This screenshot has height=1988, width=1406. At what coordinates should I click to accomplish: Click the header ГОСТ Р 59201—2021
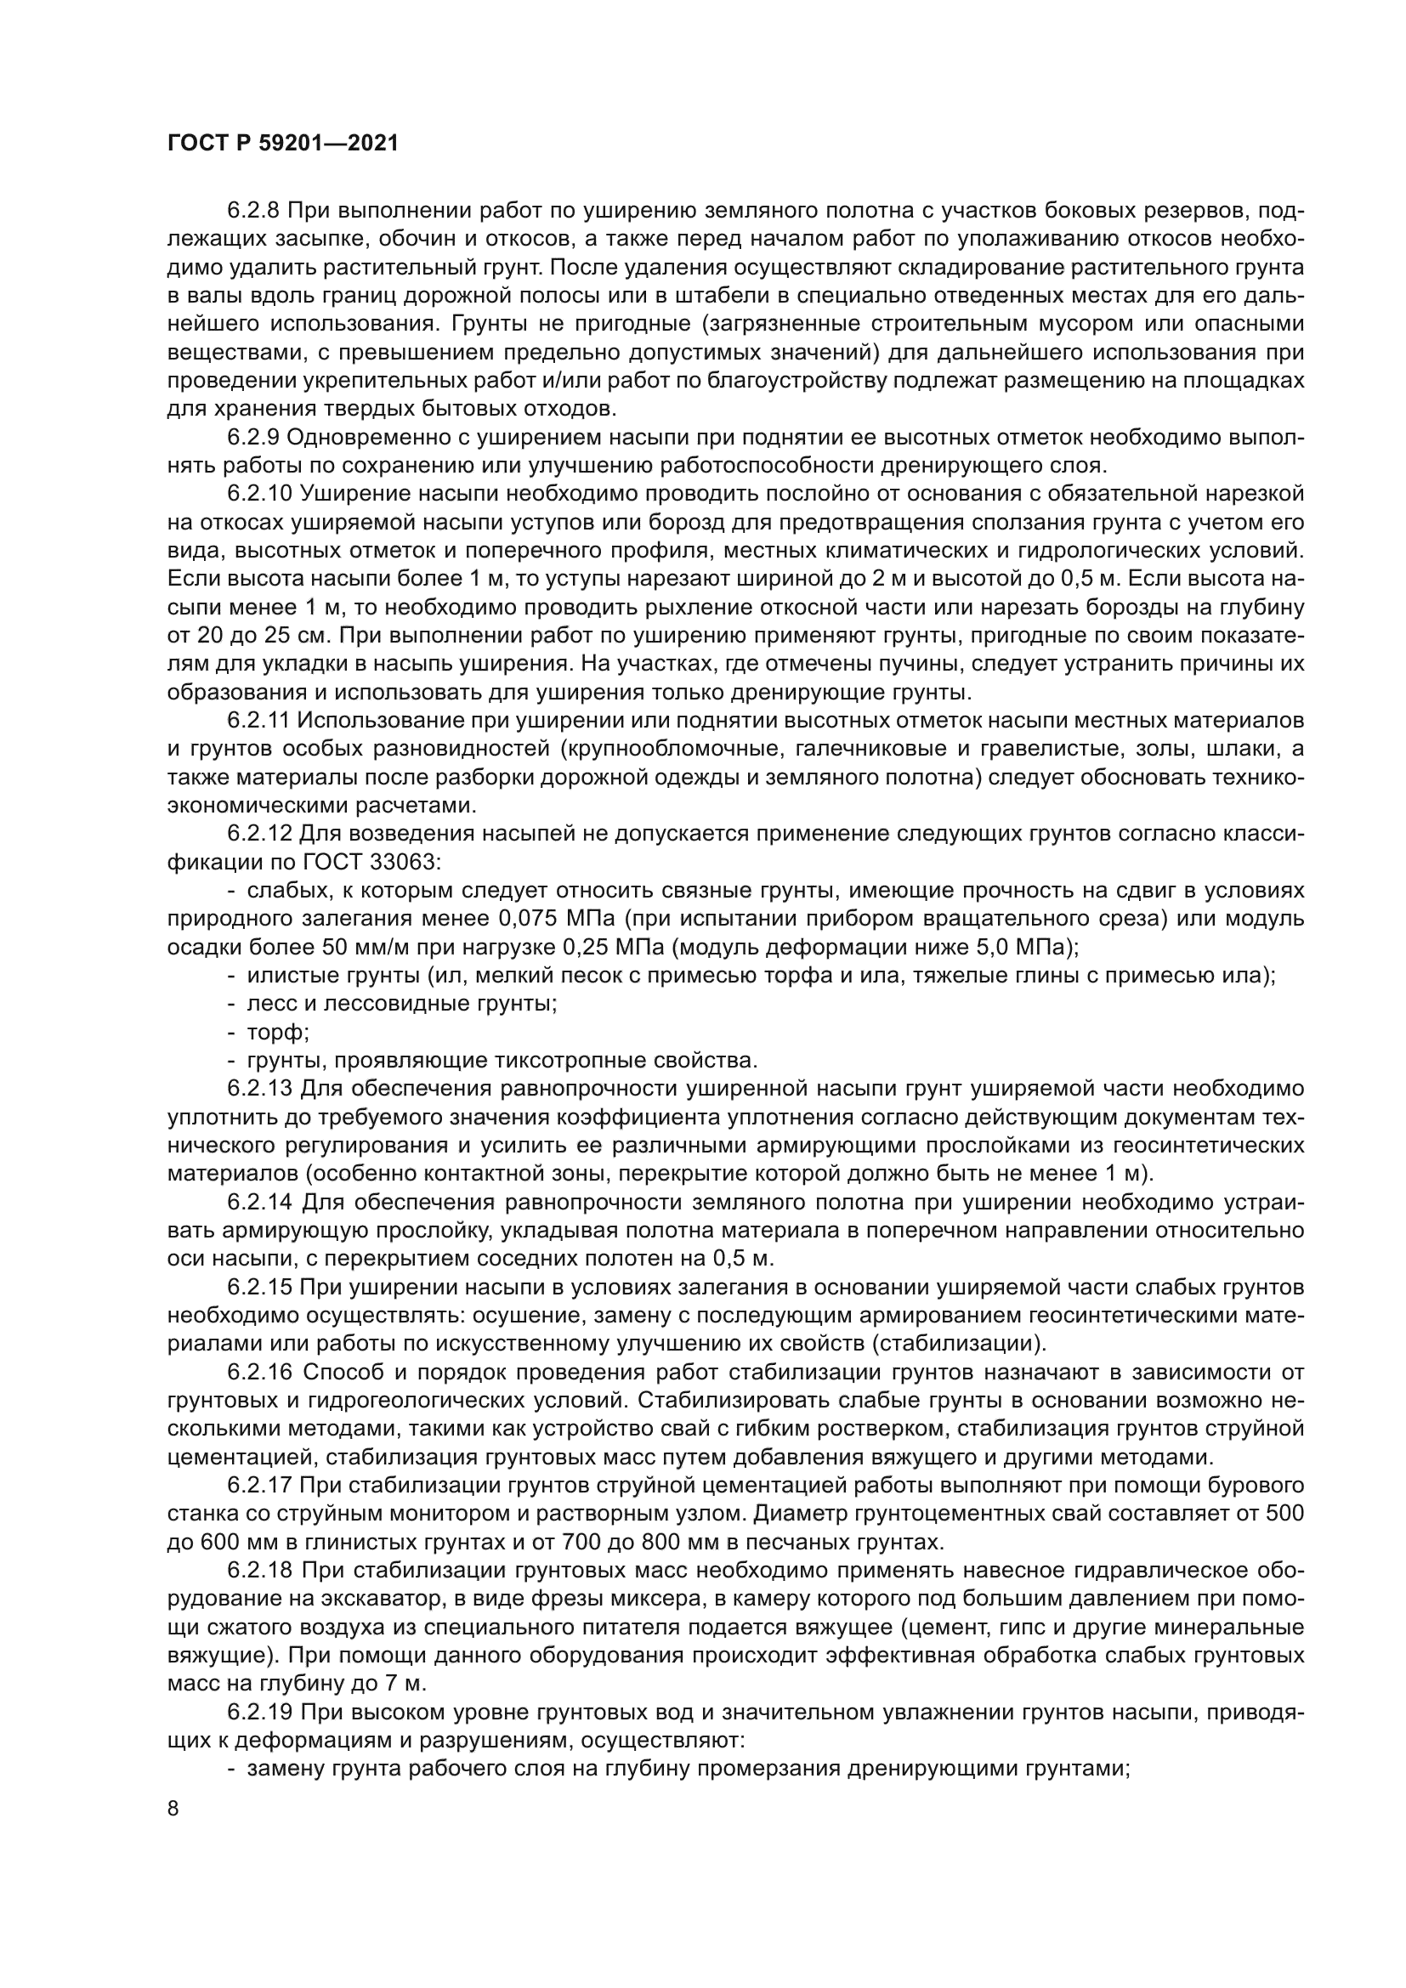tap(282, 144)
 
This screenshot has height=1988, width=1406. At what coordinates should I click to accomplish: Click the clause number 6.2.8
tap(256, 211)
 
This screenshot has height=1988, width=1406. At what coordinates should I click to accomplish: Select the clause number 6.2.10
tap(261, 495)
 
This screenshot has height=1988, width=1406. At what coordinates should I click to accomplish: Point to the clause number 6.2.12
tap(261, 835)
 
